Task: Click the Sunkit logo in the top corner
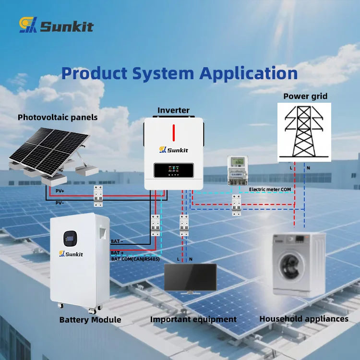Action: [x=56, y=24]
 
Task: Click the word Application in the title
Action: [x=249, y=74]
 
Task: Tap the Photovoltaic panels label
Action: [x=58, y=117]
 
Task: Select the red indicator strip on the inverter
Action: [x=174, y=132]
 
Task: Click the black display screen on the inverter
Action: [x=174, y=170]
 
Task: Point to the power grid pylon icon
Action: [x=304, y=132]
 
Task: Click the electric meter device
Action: [x=238, y=170]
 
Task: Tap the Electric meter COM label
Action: [x=270, y=190]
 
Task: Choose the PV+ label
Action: [x=60, y=191]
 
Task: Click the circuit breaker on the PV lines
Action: [x=98, y=196]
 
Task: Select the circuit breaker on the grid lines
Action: [x=236, y=205]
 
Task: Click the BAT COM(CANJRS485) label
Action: [x=135, y=259]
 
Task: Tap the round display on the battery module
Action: [x=70, y=239]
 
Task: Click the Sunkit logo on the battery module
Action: [x=71, y=254]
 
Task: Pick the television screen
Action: [x=191, y=277]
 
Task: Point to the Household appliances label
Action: [x=304, y=319]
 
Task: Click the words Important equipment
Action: [x=193, y=319]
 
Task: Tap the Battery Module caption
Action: [x=90, y=320]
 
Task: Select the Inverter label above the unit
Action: [x=173, y=110]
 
